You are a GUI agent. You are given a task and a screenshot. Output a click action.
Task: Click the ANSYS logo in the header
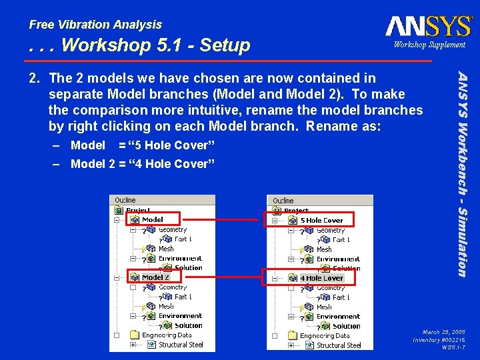tap(429, 26)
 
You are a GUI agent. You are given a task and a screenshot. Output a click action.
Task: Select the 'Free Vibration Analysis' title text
tap(95, 25)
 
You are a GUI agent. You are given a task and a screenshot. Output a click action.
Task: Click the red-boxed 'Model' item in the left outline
tap(153, 219)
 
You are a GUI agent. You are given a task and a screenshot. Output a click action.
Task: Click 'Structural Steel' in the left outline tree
tap(181, 345)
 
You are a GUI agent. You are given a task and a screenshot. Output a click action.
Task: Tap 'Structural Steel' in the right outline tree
tap(339, 345)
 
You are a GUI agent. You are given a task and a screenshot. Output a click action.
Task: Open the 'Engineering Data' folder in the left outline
tap(166, 335)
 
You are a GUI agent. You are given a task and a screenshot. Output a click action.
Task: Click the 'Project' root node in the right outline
tap(296, 211)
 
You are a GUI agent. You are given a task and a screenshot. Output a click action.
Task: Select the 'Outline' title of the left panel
tap(125, 200)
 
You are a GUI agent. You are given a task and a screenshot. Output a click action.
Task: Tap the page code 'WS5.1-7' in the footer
tap(453, 347)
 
